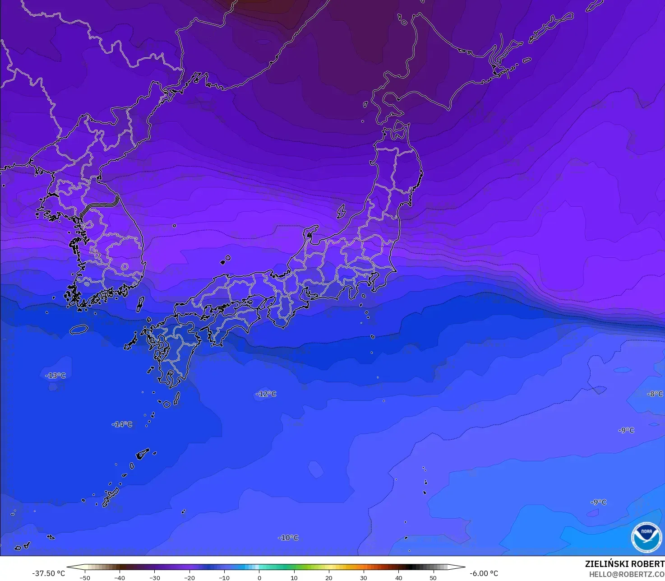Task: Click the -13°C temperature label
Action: click(x=55, y=376)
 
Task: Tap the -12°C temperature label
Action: click(x=266, y=394)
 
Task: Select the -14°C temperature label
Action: click(x=122, y=424)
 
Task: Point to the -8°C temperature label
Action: click(x=655, y=394)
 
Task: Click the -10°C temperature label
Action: click(x=288, y=538)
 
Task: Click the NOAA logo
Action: click(x=647, y=537)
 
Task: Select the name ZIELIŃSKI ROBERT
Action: click(x=624, y=564)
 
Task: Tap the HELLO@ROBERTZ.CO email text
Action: click(x=627, y=574)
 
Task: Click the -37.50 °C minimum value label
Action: click(x=48, y=573)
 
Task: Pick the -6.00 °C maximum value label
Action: click(x=484, y=573)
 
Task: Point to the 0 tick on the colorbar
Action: click(x=259, y=577)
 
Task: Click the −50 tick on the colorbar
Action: click(x=84, y=577)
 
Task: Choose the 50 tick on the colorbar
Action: click(x=433, y=577)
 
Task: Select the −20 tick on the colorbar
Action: click(x=189, y=577)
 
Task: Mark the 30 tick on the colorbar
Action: click(x=364, y=577)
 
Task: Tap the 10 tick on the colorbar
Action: click(x=294, y=577)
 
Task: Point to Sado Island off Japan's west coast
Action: click(x=342, y=210)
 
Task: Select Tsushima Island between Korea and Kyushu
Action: click(x=140, y=304)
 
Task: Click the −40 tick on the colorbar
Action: click(x=120, y=577)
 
